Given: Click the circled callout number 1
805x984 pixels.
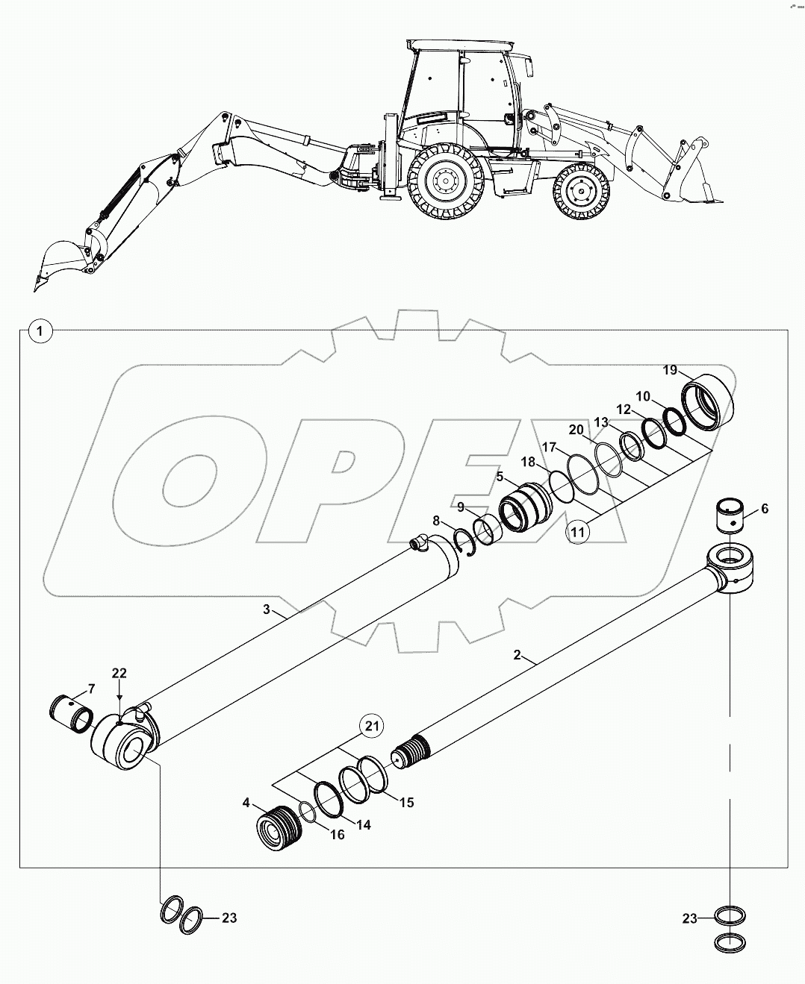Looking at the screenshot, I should pos(40,330).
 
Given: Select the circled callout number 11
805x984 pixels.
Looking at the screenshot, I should pos(578,530).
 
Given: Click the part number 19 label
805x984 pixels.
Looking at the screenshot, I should pos(669,370).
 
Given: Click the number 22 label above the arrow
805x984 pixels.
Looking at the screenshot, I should pos(119,673).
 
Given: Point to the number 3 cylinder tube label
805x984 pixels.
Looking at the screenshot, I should pos(266,609).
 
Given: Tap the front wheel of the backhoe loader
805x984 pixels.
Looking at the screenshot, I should pos(582,193).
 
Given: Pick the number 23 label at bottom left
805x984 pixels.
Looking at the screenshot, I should pos(229,918).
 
